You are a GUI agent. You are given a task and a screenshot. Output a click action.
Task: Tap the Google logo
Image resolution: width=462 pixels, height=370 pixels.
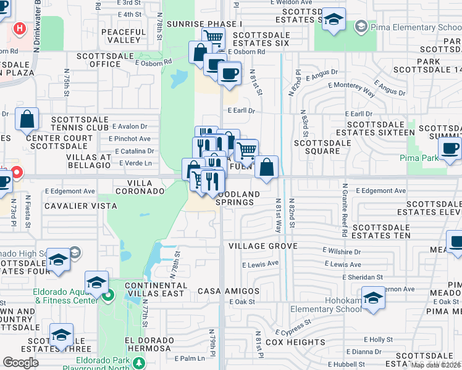21,363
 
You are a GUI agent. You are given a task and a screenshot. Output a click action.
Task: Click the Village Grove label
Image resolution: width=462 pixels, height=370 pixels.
262,246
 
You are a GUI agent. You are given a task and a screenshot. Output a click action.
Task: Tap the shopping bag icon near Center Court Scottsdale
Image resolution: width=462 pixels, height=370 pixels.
27,120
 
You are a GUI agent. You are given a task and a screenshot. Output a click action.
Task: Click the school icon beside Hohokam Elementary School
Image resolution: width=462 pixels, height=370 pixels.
373,298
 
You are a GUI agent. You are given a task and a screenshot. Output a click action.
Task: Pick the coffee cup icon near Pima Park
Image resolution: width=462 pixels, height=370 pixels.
450,148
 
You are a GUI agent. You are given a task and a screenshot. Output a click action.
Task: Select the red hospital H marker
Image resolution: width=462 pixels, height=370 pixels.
20,28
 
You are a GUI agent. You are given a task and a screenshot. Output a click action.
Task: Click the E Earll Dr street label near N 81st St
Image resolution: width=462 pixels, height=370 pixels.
241,110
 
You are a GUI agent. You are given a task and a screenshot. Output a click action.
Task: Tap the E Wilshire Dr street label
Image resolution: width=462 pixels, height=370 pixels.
342,252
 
